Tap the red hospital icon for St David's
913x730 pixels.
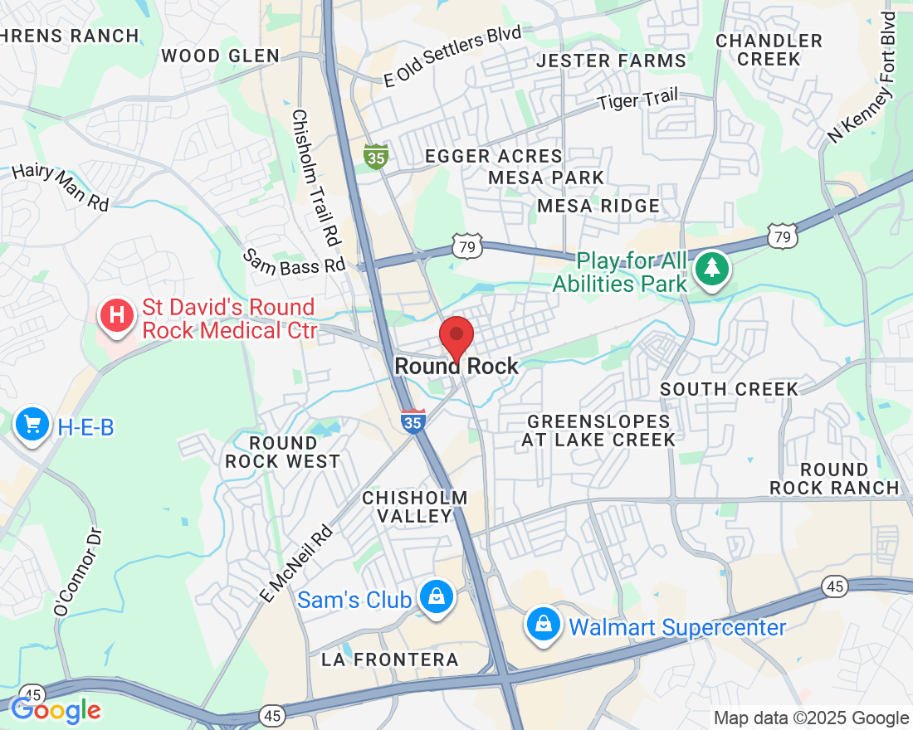[x=117, y=316]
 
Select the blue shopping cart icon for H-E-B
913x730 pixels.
[x=32, y=425]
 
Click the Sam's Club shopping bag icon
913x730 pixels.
[x=434, y=596]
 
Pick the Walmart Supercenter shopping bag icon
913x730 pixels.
[x=543, y=624]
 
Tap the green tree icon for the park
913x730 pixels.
[x=711, y=268]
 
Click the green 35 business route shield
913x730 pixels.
[x=376, y=156]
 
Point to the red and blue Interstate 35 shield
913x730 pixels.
[x=413, y=421]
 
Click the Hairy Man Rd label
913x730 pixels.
[x=61, y=187]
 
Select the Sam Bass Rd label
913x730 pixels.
[x=294, y=261]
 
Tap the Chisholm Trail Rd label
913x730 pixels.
[x=315, y=178]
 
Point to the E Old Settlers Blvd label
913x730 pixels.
[x=452, y=56]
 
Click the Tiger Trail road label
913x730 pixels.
[x=637, y=100]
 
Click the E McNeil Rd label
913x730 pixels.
[x=295, y=563]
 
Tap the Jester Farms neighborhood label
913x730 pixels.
[x=612, y=61]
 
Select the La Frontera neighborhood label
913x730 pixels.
[x=390, y=659]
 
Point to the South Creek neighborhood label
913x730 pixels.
[x=729, y=389]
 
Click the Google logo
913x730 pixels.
[x=56, y=709]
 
